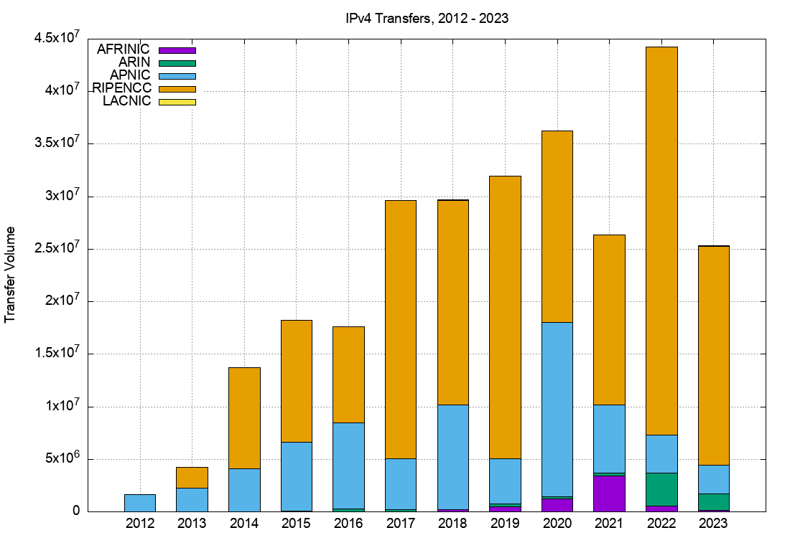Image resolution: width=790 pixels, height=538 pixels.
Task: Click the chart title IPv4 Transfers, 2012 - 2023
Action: [x=427, y=19]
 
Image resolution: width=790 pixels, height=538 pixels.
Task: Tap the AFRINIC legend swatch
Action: [x=177, y=50]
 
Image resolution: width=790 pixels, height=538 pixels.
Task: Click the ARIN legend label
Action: [x=134, y=62]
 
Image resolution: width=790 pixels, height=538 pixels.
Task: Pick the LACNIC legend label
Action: [x=127, y=101]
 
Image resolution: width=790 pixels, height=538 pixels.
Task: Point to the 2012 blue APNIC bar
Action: [x=140, y=503]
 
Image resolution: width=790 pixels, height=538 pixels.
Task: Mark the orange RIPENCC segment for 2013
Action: [x=192, y=478]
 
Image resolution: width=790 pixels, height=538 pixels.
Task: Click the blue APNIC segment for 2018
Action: [x=452, y=457]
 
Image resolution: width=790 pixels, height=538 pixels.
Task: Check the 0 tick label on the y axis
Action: [x=75, y=511]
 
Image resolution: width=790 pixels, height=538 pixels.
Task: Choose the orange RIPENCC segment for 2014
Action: [x=244, y=418]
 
